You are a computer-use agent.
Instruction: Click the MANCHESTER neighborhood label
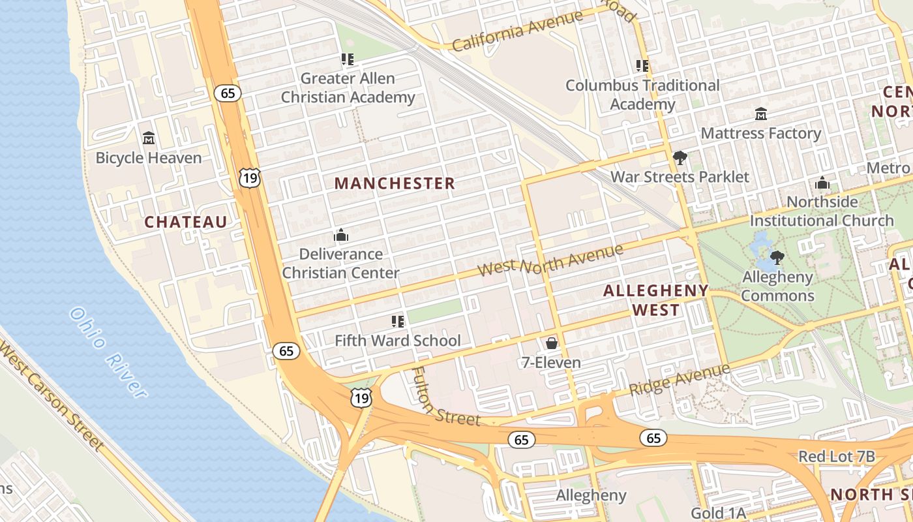pos(395,183)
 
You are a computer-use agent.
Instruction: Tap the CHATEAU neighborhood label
pos(186,222)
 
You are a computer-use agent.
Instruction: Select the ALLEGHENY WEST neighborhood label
pos(655,300)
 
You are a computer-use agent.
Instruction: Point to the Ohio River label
pos(108,352)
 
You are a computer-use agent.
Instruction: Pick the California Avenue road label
pos(517,31)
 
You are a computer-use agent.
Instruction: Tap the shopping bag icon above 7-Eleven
pos(552,343)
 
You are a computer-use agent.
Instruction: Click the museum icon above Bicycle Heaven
pos(149,138)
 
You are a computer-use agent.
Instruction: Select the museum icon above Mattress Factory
pos(760,114)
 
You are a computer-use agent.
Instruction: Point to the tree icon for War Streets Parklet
pos(680,158)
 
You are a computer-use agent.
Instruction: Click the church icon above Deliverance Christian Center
pos(340,235)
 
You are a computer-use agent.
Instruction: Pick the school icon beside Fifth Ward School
pos(398,321)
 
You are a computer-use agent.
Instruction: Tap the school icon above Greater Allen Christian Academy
pos(348,59)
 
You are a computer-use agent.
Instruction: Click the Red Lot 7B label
pos(836,457)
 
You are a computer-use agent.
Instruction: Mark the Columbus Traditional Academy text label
pos(642,95)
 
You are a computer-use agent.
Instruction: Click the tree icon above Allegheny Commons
pos(777,258)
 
